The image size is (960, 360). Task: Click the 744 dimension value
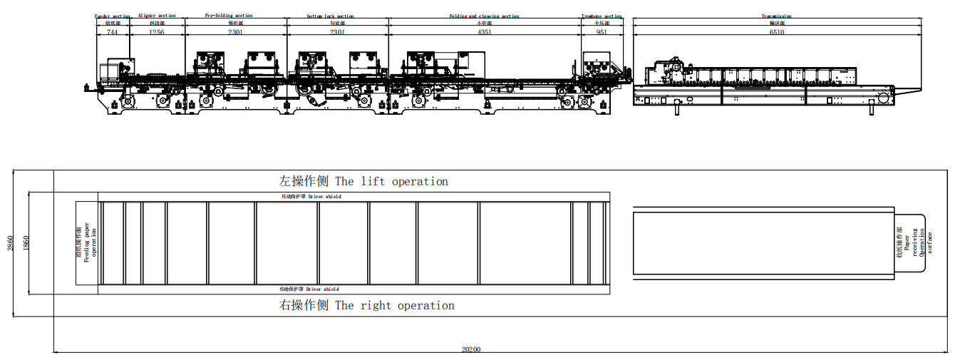[113, 33]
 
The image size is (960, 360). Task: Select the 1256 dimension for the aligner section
[156, 33]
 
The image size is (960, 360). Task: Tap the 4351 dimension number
[484, 33]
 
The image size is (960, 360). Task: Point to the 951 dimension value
[602, 33]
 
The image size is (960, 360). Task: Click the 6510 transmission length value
[776, 33]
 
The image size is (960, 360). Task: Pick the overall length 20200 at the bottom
[471, 349]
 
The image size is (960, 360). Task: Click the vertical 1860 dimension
[25, 242]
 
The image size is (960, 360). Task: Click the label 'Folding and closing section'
[484, 16]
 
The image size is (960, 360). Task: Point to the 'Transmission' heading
[776, 16]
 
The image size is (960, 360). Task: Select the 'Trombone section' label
[602, 16]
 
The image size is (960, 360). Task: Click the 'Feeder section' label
[113, 16]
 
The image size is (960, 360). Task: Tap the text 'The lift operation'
[391, 182]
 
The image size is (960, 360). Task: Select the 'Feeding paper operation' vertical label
[87, 242]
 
